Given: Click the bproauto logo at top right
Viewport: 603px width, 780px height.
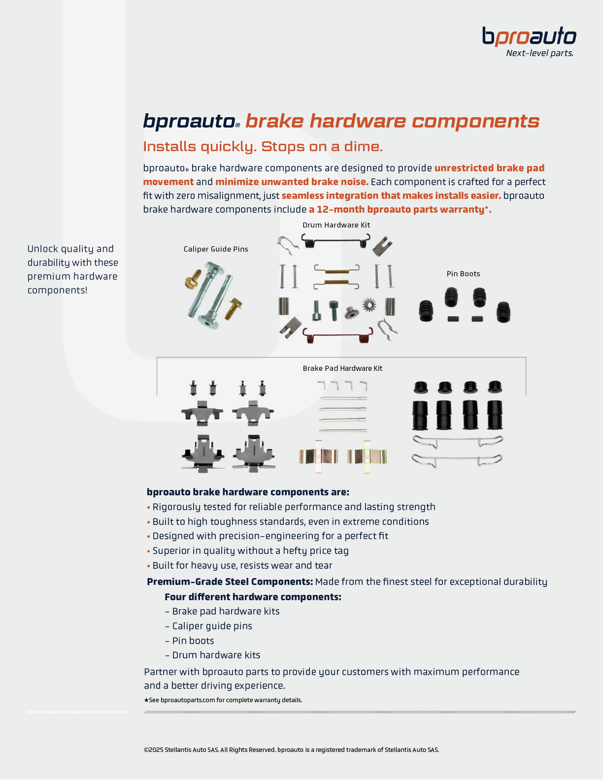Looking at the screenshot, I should (529, 37).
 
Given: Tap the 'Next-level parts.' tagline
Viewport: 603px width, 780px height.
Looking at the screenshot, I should (539, 53).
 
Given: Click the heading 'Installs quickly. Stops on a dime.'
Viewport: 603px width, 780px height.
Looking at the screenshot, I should (263, 147).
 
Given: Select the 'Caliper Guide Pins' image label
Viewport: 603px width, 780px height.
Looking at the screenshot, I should (216, 249).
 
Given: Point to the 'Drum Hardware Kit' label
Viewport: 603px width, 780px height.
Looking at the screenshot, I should (336, 225).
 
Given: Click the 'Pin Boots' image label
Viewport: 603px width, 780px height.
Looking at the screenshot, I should (463, 274).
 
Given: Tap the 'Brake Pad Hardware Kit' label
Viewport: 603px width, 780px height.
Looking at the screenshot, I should (342, 368).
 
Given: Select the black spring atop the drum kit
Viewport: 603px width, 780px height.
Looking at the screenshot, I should (335, 240).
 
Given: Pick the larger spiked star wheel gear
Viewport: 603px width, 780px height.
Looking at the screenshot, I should (369, 305).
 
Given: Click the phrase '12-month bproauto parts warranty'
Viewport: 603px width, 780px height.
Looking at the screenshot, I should (399, 209).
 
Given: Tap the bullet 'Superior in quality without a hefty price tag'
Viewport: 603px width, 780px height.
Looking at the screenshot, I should (250, 551).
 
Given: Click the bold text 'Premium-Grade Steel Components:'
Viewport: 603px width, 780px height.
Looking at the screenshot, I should (230, 582).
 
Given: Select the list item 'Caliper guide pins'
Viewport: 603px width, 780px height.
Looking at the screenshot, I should (212, 626).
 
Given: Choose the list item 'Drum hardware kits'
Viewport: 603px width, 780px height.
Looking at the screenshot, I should (216, 655).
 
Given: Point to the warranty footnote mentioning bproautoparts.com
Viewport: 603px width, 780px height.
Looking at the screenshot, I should (223, 700).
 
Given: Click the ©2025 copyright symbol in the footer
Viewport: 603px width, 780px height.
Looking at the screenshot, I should (146, 750).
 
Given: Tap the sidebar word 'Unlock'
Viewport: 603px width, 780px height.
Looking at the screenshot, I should (43, 249).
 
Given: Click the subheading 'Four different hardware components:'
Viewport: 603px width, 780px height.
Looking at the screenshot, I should (253, 597).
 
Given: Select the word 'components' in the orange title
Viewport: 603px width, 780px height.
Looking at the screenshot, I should (475, 121).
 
